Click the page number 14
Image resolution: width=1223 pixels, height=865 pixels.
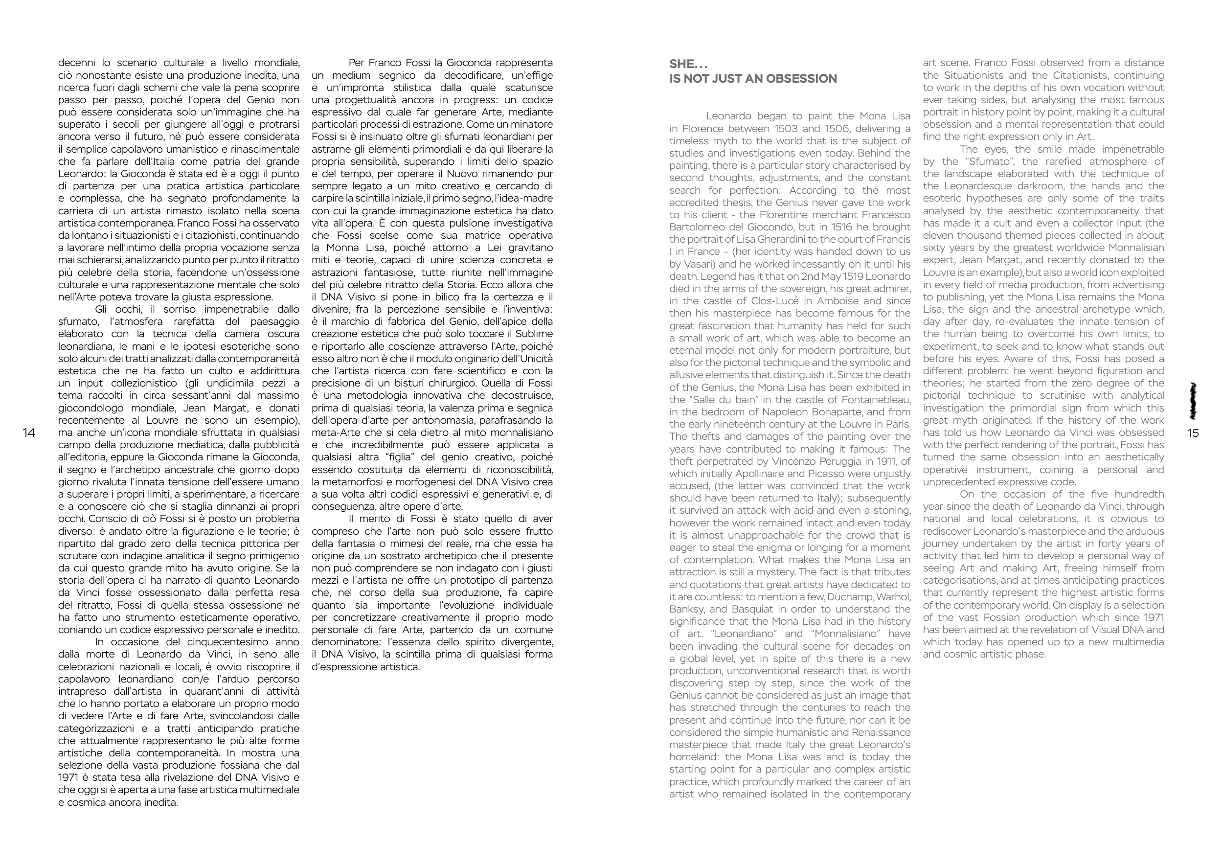point(29,433)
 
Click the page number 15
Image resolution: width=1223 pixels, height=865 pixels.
point(1193,433)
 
